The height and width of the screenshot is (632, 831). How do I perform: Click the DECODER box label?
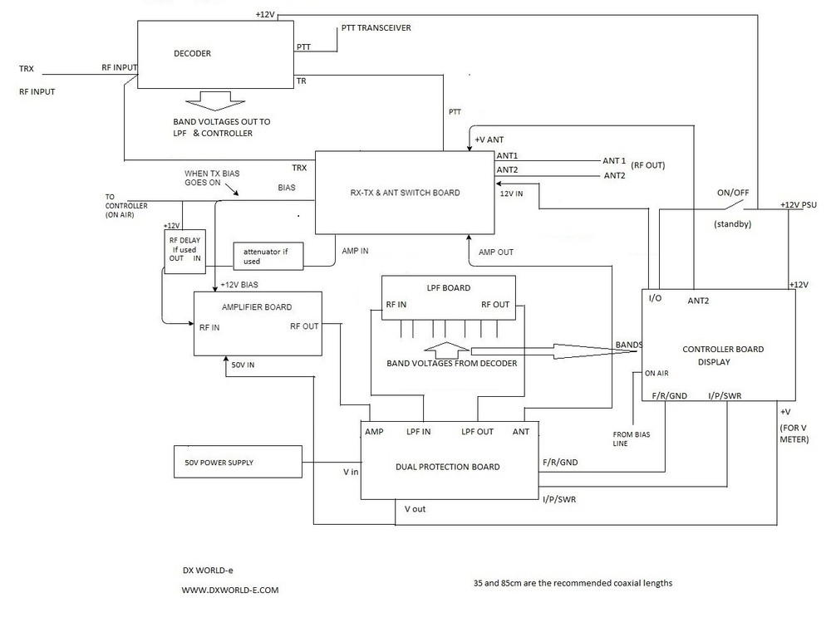(x=192, y=54)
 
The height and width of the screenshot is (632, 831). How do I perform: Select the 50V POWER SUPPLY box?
(x=237, y=461)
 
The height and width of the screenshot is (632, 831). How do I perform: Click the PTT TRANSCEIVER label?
(x=376, y=28)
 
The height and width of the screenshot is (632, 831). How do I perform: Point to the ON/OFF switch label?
(x=733, y=193)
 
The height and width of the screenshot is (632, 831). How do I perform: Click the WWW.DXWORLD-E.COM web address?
(x=230, y=590)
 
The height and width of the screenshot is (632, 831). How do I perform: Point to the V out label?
(x=415, y=508)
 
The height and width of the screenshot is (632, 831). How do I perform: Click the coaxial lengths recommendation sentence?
(x=572, y=583)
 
